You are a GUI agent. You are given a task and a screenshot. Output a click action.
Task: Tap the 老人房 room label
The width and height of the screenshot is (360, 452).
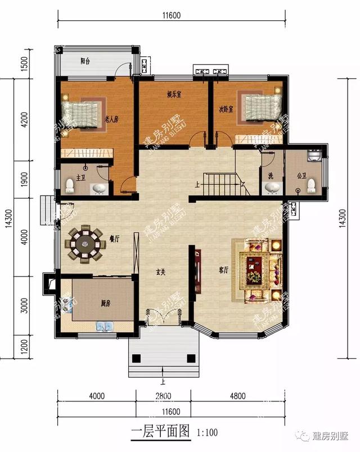111,119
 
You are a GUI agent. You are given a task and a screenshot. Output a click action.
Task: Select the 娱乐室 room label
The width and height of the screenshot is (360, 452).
174,94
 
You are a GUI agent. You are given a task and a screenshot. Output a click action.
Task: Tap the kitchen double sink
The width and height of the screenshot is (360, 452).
105,326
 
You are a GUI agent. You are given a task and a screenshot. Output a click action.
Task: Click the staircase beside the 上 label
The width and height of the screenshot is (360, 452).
222,183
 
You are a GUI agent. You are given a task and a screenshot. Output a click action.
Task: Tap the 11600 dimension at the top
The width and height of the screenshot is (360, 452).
170,15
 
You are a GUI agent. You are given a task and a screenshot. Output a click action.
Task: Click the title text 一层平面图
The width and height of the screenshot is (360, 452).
162,432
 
